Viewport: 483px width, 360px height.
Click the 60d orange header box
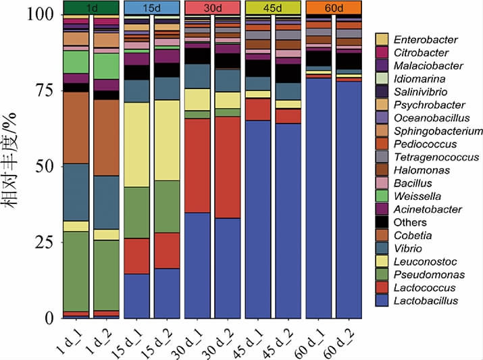334,7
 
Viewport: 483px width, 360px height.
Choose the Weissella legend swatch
383,197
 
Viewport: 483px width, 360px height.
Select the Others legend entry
409,222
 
